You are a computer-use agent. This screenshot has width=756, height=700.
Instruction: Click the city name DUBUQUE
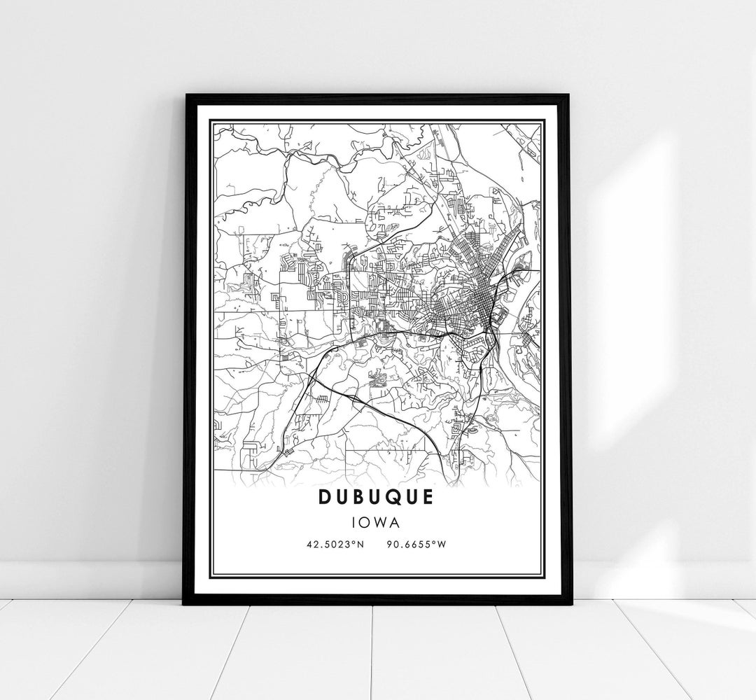coord(377,496)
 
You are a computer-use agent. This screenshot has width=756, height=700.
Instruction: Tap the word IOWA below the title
coord(377,521)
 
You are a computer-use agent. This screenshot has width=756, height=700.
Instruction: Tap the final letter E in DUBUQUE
coord(427,496)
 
